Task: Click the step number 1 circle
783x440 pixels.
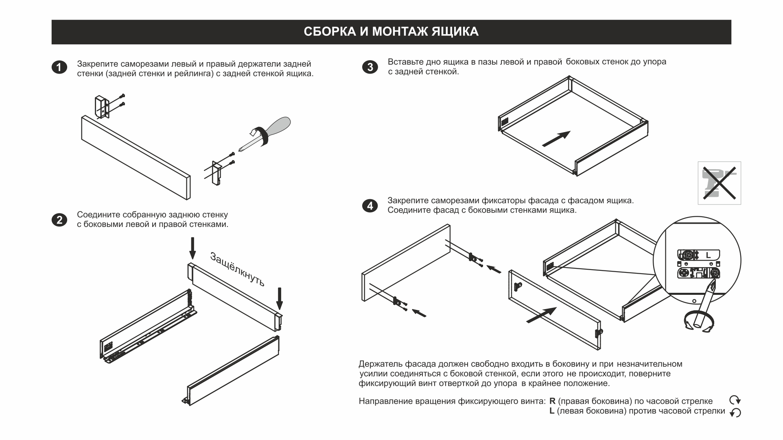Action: [x=59, y=68]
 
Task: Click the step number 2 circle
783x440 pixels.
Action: [x=59, y=220]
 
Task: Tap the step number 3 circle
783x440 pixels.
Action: [x=370, y=67]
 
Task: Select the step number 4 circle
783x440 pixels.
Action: [x=370, y=206]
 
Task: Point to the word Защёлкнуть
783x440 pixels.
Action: [x=237, y=269]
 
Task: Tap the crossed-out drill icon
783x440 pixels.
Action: [x=719, y=183]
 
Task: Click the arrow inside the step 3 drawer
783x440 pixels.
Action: [x=556, y=139]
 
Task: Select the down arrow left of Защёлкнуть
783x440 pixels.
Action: [x=192, y=248]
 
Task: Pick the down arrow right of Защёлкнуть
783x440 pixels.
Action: [x=279, y=298]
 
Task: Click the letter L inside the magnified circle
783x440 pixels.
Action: [x=708, y=255]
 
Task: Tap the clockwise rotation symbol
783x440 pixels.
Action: [x=735, y=400]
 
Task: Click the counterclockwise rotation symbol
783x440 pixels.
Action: [x=735, y=413]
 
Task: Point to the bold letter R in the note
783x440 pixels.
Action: [x=552, y=401]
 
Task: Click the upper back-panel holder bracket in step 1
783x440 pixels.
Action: [x=102, y=107]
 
